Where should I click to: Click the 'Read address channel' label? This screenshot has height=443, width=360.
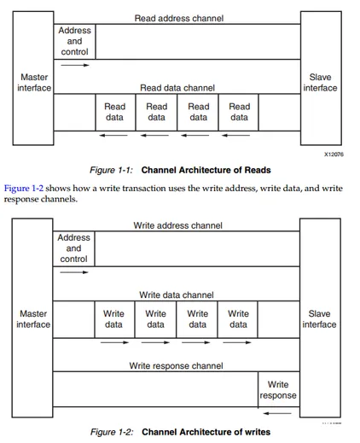point(179,18)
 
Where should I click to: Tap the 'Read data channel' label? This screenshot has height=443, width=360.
point(177,88)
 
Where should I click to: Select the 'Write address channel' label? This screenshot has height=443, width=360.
point(177,225)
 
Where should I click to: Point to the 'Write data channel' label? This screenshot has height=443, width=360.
point(177,294)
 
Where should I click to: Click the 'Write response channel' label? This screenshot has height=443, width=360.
point(176,365)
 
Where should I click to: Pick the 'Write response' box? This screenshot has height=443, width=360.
point(279,389)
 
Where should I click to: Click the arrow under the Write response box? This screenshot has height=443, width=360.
point(277,413)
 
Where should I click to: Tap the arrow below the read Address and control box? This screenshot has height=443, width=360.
point(75,65)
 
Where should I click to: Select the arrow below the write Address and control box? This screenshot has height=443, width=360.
point(74,272)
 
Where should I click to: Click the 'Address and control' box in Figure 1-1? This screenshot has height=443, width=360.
point(74,42)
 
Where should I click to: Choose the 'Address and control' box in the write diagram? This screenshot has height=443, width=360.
point(73,248)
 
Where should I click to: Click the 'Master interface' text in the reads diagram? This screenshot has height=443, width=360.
point(34,83)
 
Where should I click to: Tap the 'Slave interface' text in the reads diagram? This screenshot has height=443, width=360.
point(320,83)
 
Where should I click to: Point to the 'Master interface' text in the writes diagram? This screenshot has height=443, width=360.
point(33,319)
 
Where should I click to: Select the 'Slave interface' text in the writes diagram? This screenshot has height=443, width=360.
point(319,319)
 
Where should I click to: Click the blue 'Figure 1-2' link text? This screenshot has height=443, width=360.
point(24,189)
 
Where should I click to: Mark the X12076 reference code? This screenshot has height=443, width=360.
point(334,154)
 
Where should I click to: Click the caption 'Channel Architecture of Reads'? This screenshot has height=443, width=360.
point(206,170)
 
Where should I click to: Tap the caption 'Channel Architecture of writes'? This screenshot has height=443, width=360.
point(206,432)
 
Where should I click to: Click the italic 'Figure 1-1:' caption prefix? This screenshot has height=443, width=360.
point(111,170)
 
